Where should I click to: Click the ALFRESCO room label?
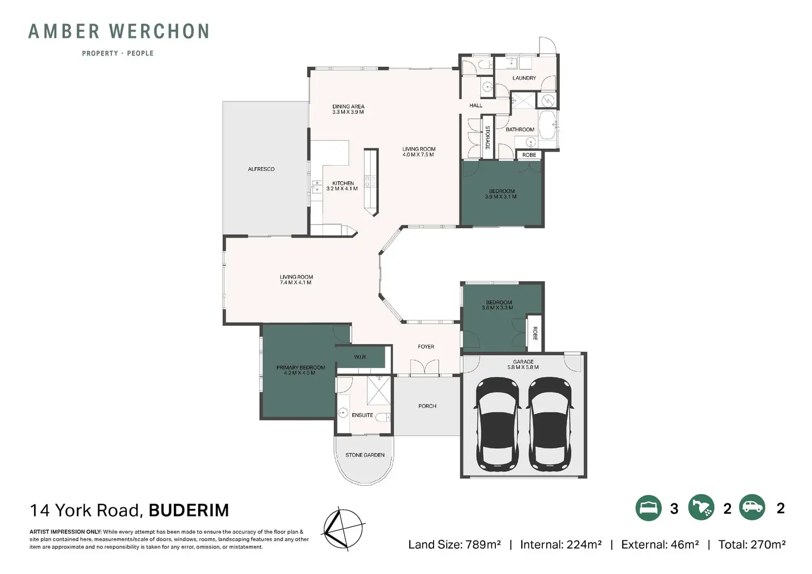click(x=261, y=169)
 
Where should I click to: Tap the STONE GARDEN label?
click(x=365, y=455)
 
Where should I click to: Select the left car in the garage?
click(x=497, y=425)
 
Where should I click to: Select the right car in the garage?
click(x=551, y=425)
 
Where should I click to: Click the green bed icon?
click(x=649, y=508)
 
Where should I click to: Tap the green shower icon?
click(x=702, y=508)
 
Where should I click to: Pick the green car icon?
click(x=752, y=507)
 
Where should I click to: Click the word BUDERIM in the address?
click(x=189, y=510)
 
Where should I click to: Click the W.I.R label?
click(x=360, y=357)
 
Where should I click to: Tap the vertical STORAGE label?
click(x=488, y=138)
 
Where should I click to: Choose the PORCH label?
click(x=428, y=406)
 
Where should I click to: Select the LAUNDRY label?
click(x=524, y=78)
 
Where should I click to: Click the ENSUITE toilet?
click(x=383, y=417)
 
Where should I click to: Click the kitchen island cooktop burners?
click(x=370, y=181)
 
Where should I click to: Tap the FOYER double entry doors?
click(x=425, y=367)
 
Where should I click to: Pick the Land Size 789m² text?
click(x=455, y=545)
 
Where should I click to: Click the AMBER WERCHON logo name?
click(x=119, y=31)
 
